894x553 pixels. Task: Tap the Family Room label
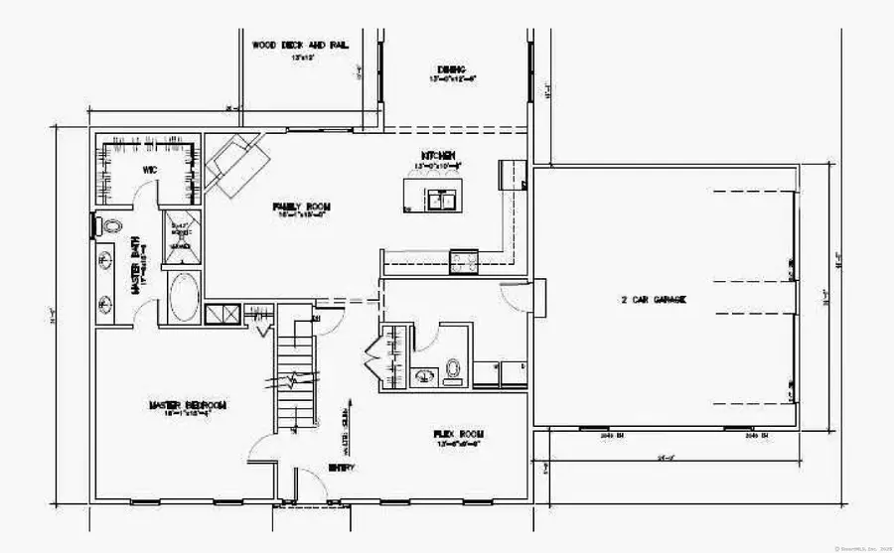(x=302, y=207)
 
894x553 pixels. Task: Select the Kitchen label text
(x=438, y=156)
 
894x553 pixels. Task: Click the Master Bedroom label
(x=188, y=405)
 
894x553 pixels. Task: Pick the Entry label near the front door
(x=340, y=467)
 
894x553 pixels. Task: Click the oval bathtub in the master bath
(x=183, y=297)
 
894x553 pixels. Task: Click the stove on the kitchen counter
(x=464, y=261)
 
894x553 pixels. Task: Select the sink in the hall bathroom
(x=422, y=375)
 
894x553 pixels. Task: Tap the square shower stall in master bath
(x=180, y=237)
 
